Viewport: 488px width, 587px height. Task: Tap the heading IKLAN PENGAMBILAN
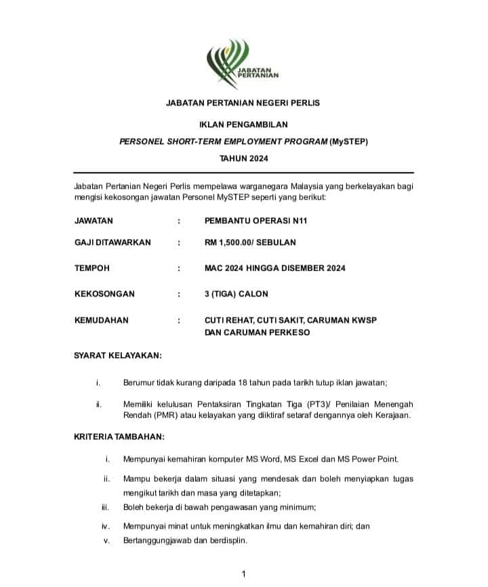(x=243, y=125)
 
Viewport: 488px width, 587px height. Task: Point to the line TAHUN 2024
(x=243, y=159)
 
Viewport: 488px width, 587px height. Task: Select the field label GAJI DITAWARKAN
(x=113, y=242)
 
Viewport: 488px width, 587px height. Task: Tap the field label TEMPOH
(x=91, y=268)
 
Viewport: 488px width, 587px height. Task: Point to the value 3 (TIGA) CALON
(x=236, y=294)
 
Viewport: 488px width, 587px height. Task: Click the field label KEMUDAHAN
(x=101, y=320)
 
